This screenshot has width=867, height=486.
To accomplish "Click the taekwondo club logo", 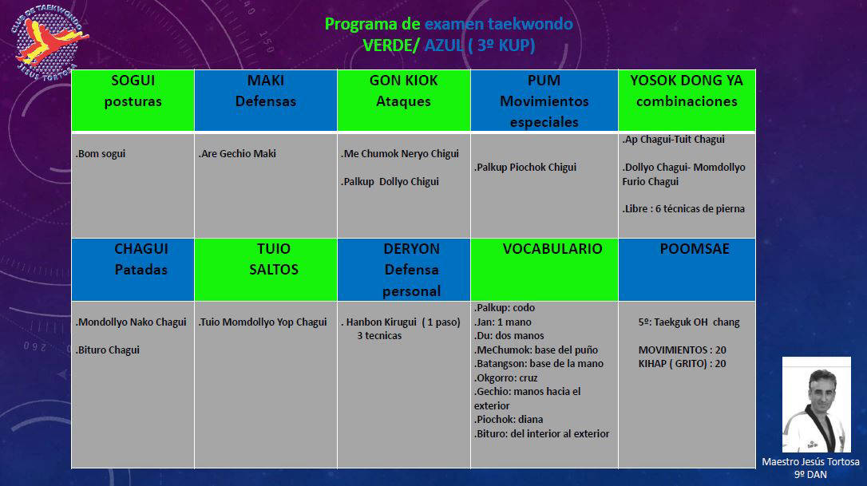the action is coord(49,43).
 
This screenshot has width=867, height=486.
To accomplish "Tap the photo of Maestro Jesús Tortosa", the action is coord(816,404).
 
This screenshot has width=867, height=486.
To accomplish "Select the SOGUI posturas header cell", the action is coord(133,101).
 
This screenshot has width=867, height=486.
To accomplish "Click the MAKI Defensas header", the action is coord(265,101).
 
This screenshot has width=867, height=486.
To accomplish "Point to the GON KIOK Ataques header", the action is coord(404,101).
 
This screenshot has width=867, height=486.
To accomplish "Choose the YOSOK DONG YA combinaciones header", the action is coord(687,101).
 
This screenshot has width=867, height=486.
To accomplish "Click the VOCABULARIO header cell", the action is coord(544,270).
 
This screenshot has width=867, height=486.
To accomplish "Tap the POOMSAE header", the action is coord(687,270).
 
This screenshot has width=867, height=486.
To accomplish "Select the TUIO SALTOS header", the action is coord(265,270).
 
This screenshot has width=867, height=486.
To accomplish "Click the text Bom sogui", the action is coord(101,154).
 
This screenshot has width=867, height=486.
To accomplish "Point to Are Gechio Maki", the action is coord(237,154).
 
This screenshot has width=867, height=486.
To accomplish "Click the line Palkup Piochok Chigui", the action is coord(525,167).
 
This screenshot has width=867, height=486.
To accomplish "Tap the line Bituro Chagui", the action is coord(107,350).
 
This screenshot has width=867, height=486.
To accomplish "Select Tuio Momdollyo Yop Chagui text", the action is coord(263,322).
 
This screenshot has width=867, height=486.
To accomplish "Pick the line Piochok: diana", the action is coord(509,420).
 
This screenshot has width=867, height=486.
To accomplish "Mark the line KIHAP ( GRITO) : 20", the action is coord(683,364).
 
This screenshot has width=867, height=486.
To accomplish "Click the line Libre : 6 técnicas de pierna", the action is coord(683,209).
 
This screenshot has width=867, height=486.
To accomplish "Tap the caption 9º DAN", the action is coord(810,474).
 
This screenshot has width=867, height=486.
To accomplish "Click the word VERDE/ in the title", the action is coord(391,45).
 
